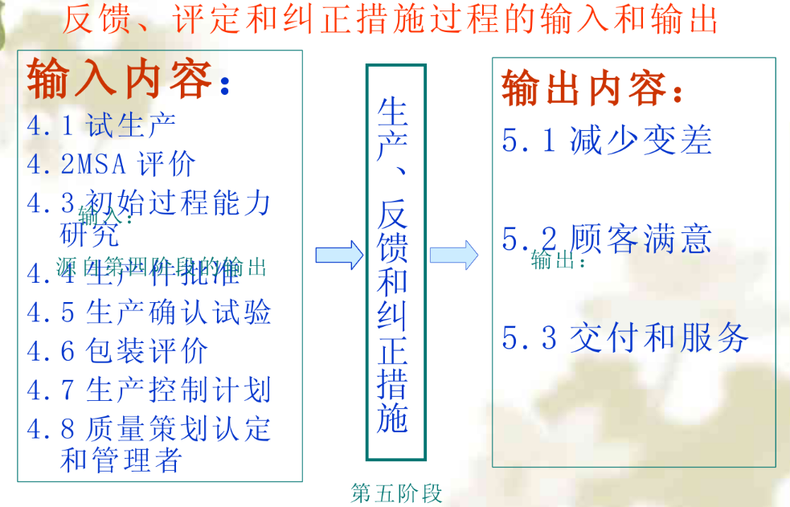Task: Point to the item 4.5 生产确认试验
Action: (149, 312)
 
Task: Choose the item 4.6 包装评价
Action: (117, 351)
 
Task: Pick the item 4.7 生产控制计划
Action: (149, 390)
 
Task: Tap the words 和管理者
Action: (121, 460)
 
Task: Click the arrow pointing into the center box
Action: (339, 256)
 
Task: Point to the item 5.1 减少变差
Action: (607, 141)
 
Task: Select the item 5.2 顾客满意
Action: (607, 239)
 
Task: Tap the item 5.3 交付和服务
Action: (625, 338)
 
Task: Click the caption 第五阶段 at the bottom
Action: (397, 493)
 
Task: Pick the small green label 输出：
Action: (558, 260)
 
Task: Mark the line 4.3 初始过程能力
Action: (149, 202)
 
